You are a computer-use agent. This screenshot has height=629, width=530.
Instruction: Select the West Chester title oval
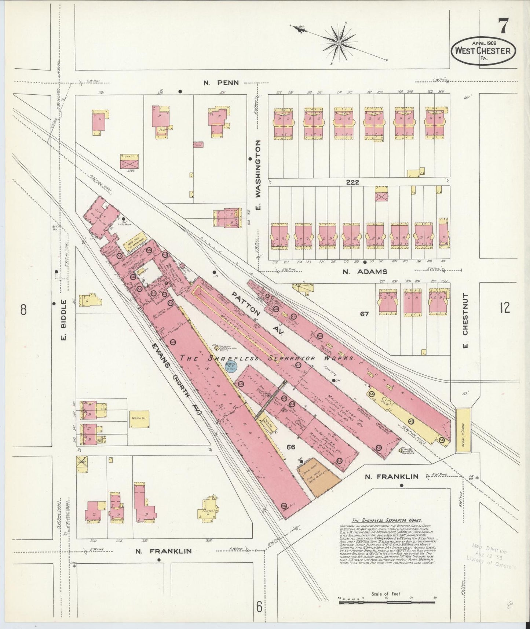tap(483, 51)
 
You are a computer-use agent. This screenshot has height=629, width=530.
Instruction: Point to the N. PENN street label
tap(221, 83)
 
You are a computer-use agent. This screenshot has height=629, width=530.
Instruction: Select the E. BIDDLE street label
tap(63, 320)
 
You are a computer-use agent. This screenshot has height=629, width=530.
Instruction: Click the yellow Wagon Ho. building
tap(139, 419)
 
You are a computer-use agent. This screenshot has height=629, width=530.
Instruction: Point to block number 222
tap(352, 182)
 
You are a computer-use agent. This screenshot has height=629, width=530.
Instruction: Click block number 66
tap(291, 447)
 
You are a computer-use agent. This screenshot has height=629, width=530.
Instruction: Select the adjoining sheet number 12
tap(504, 308)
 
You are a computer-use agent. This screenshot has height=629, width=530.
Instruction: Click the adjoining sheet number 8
tap(23, 310)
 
